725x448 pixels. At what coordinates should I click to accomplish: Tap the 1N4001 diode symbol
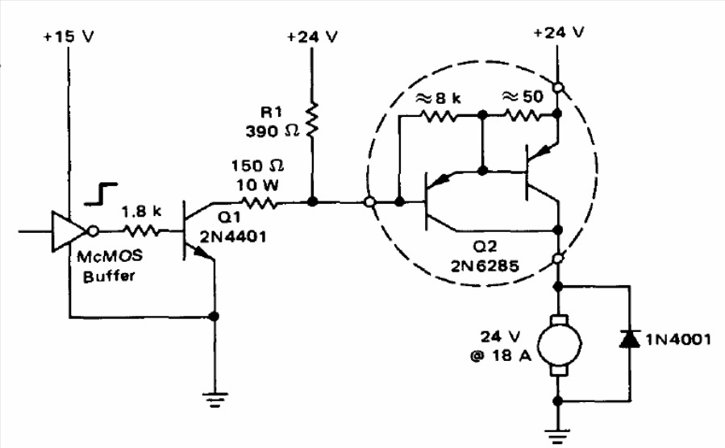(x=626, y=338)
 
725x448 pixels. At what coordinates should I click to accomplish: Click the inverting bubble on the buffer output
(x=92, y=230)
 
